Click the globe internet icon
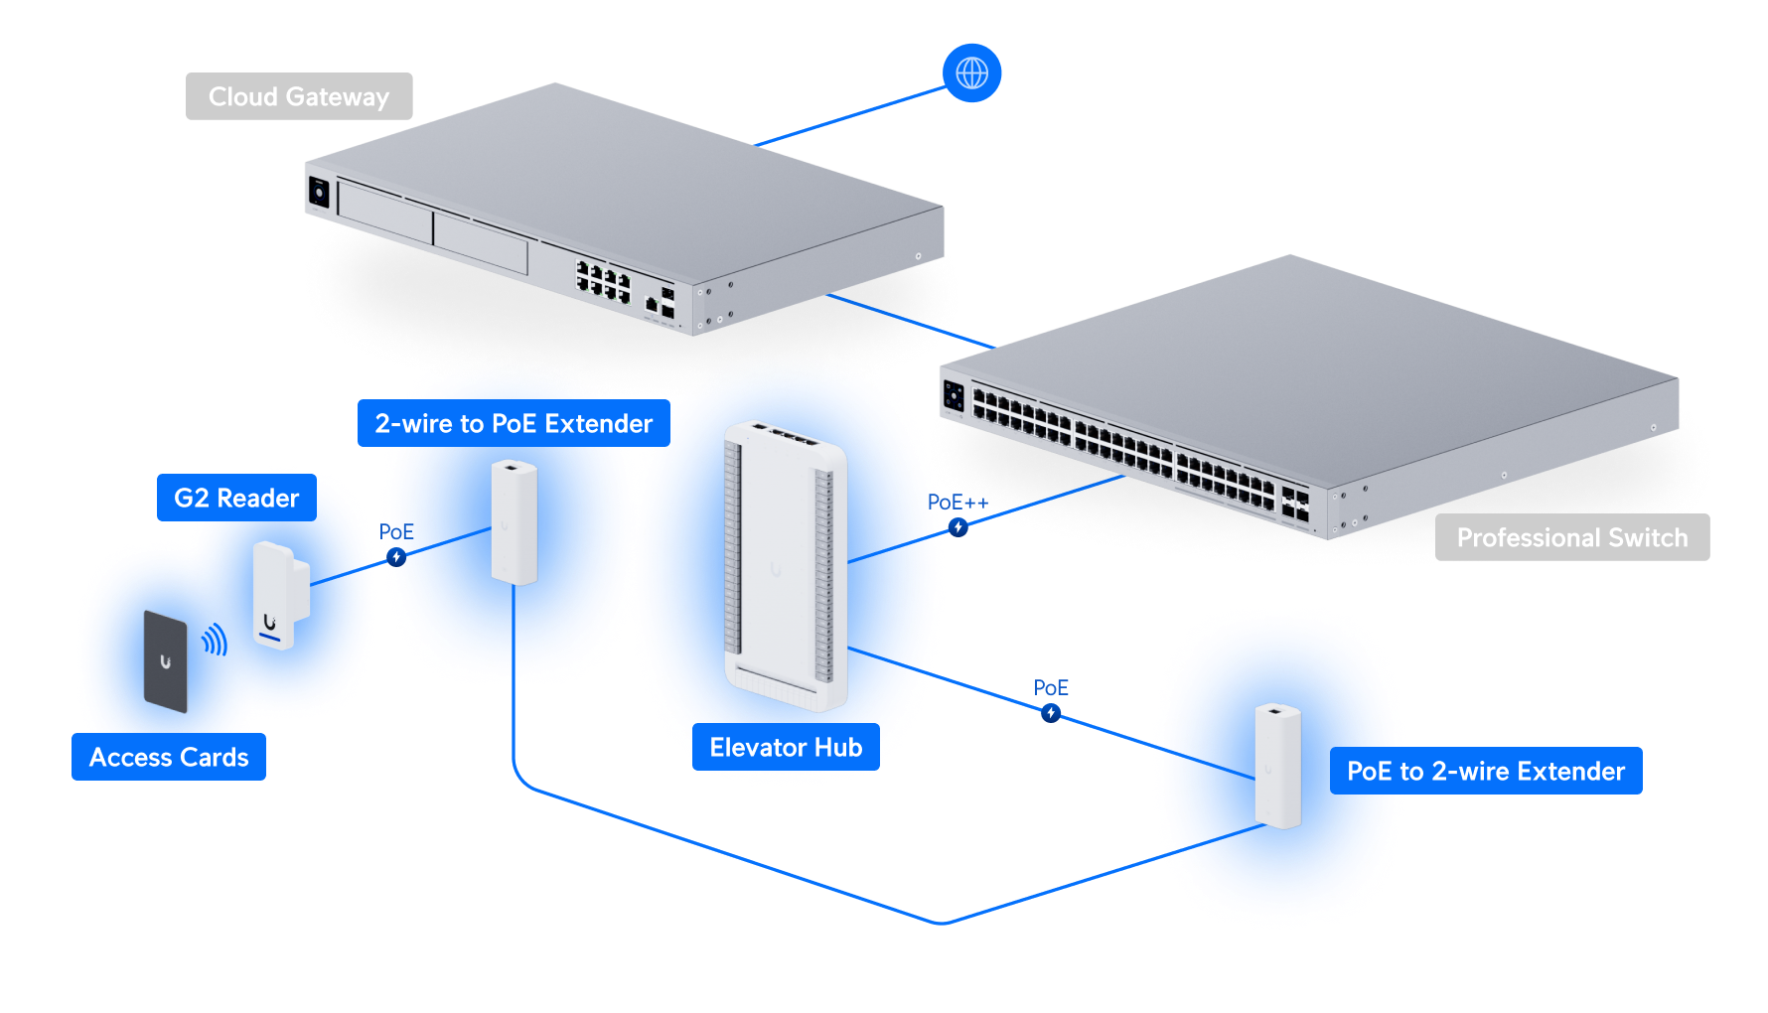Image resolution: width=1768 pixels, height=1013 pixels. coord(971,72)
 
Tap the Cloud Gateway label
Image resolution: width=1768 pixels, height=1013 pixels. coord(299,96)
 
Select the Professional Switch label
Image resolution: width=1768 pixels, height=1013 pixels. coord(1572,537)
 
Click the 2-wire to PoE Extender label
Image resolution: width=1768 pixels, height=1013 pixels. coord(514,423)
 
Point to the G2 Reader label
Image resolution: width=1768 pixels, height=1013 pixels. coord(236,498)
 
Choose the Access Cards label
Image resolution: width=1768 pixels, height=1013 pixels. coord(169,757)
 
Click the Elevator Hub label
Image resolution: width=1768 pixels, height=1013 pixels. coord(786,747)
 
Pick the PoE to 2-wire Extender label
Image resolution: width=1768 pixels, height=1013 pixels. coord(1486,771)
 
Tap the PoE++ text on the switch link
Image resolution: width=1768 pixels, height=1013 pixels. coord(958,503)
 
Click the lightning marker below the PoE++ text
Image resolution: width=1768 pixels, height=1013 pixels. coord(958,527)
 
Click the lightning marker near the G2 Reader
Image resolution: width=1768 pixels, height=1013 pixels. coord(396,557)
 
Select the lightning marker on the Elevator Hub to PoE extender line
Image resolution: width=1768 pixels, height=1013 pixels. coord(1051,713)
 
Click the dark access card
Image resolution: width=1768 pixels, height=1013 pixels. coord(166,661)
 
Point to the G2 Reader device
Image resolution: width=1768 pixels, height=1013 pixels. coord(281,595)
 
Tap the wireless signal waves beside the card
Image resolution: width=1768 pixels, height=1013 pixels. coord(216,641)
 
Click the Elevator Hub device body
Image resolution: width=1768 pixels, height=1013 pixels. coord(786,566)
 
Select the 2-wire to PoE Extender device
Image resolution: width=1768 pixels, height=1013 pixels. coord(515,522)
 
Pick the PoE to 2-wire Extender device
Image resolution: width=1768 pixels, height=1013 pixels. coord(1278,766)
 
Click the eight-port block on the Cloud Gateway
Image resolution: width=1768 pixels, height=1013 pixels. coord(603,281)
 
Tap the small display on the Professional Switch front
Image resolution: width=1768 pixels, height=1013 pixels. coord(954,397)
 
